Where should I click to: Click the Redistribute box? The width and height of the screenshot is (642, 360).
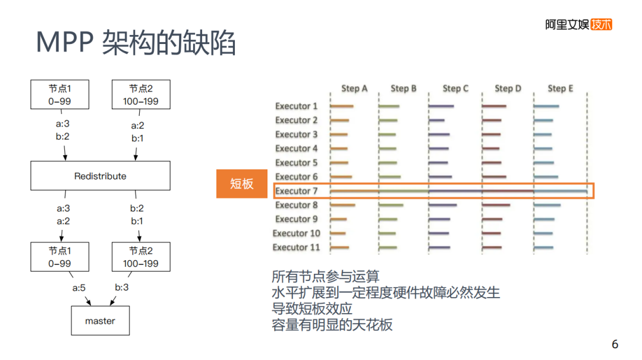pyautogui.click(x=100, y=176)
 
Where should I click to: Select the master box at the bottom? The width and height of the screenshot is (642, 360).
pyautogui.click(x=100, y=321)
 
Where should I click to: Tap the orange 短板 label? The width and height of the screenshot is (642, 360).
pyautogui.click(x=242, y=184)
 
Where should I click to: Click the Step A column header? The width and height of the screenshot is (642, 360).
pyautogui.click(x=354, y=89)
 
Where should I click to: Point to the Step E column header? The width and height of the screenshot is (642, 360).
pyautogui.click(x=561, y=89)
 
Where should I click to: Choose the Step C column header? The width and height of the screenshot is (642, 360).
pyautogui.click(x=455, y=89)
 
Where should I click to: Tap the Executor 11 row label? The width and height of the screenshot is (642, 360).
pyautogui.click(x=297, y=247)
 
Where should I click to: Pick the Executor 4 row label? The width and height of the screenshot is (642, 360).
pyautogui.click(x=297, y=149)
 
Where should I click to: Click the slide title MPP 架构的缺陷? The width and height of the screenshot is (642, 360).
pyautogui.click(x=136, y=43)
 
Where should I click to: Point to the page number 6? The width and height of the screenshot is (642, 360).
pyautogui.click(x=615, y=345)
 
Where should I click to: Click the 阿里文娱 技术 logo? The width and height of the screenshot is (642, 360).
pyautogui.click(x=578, y=25)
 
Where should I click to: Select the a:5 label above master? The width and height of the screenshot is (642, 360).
pyautogui.click(x=79, y=288)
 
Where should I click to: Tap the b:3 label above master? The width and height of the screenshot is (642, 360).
pyautogui.click(x=122, y=288)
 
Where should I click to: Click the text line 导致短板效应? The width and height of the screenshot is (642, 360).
pyautogui.click(x=312, y=309)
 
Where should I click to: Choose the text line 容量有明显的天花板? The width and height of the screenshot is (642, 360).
pyautogui.click(x=332, y=325)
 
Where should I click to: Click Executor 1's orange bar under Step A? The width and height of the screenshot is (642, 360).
pyautogui.click(x=342, y=107)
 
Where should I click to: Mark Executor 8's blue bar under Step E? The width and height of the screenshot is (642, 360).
pyautogui.click(x=547, y=206)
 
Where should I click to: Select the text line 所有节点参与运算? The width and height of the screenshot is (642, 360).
pyautogui.click(x=325, y=277)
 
